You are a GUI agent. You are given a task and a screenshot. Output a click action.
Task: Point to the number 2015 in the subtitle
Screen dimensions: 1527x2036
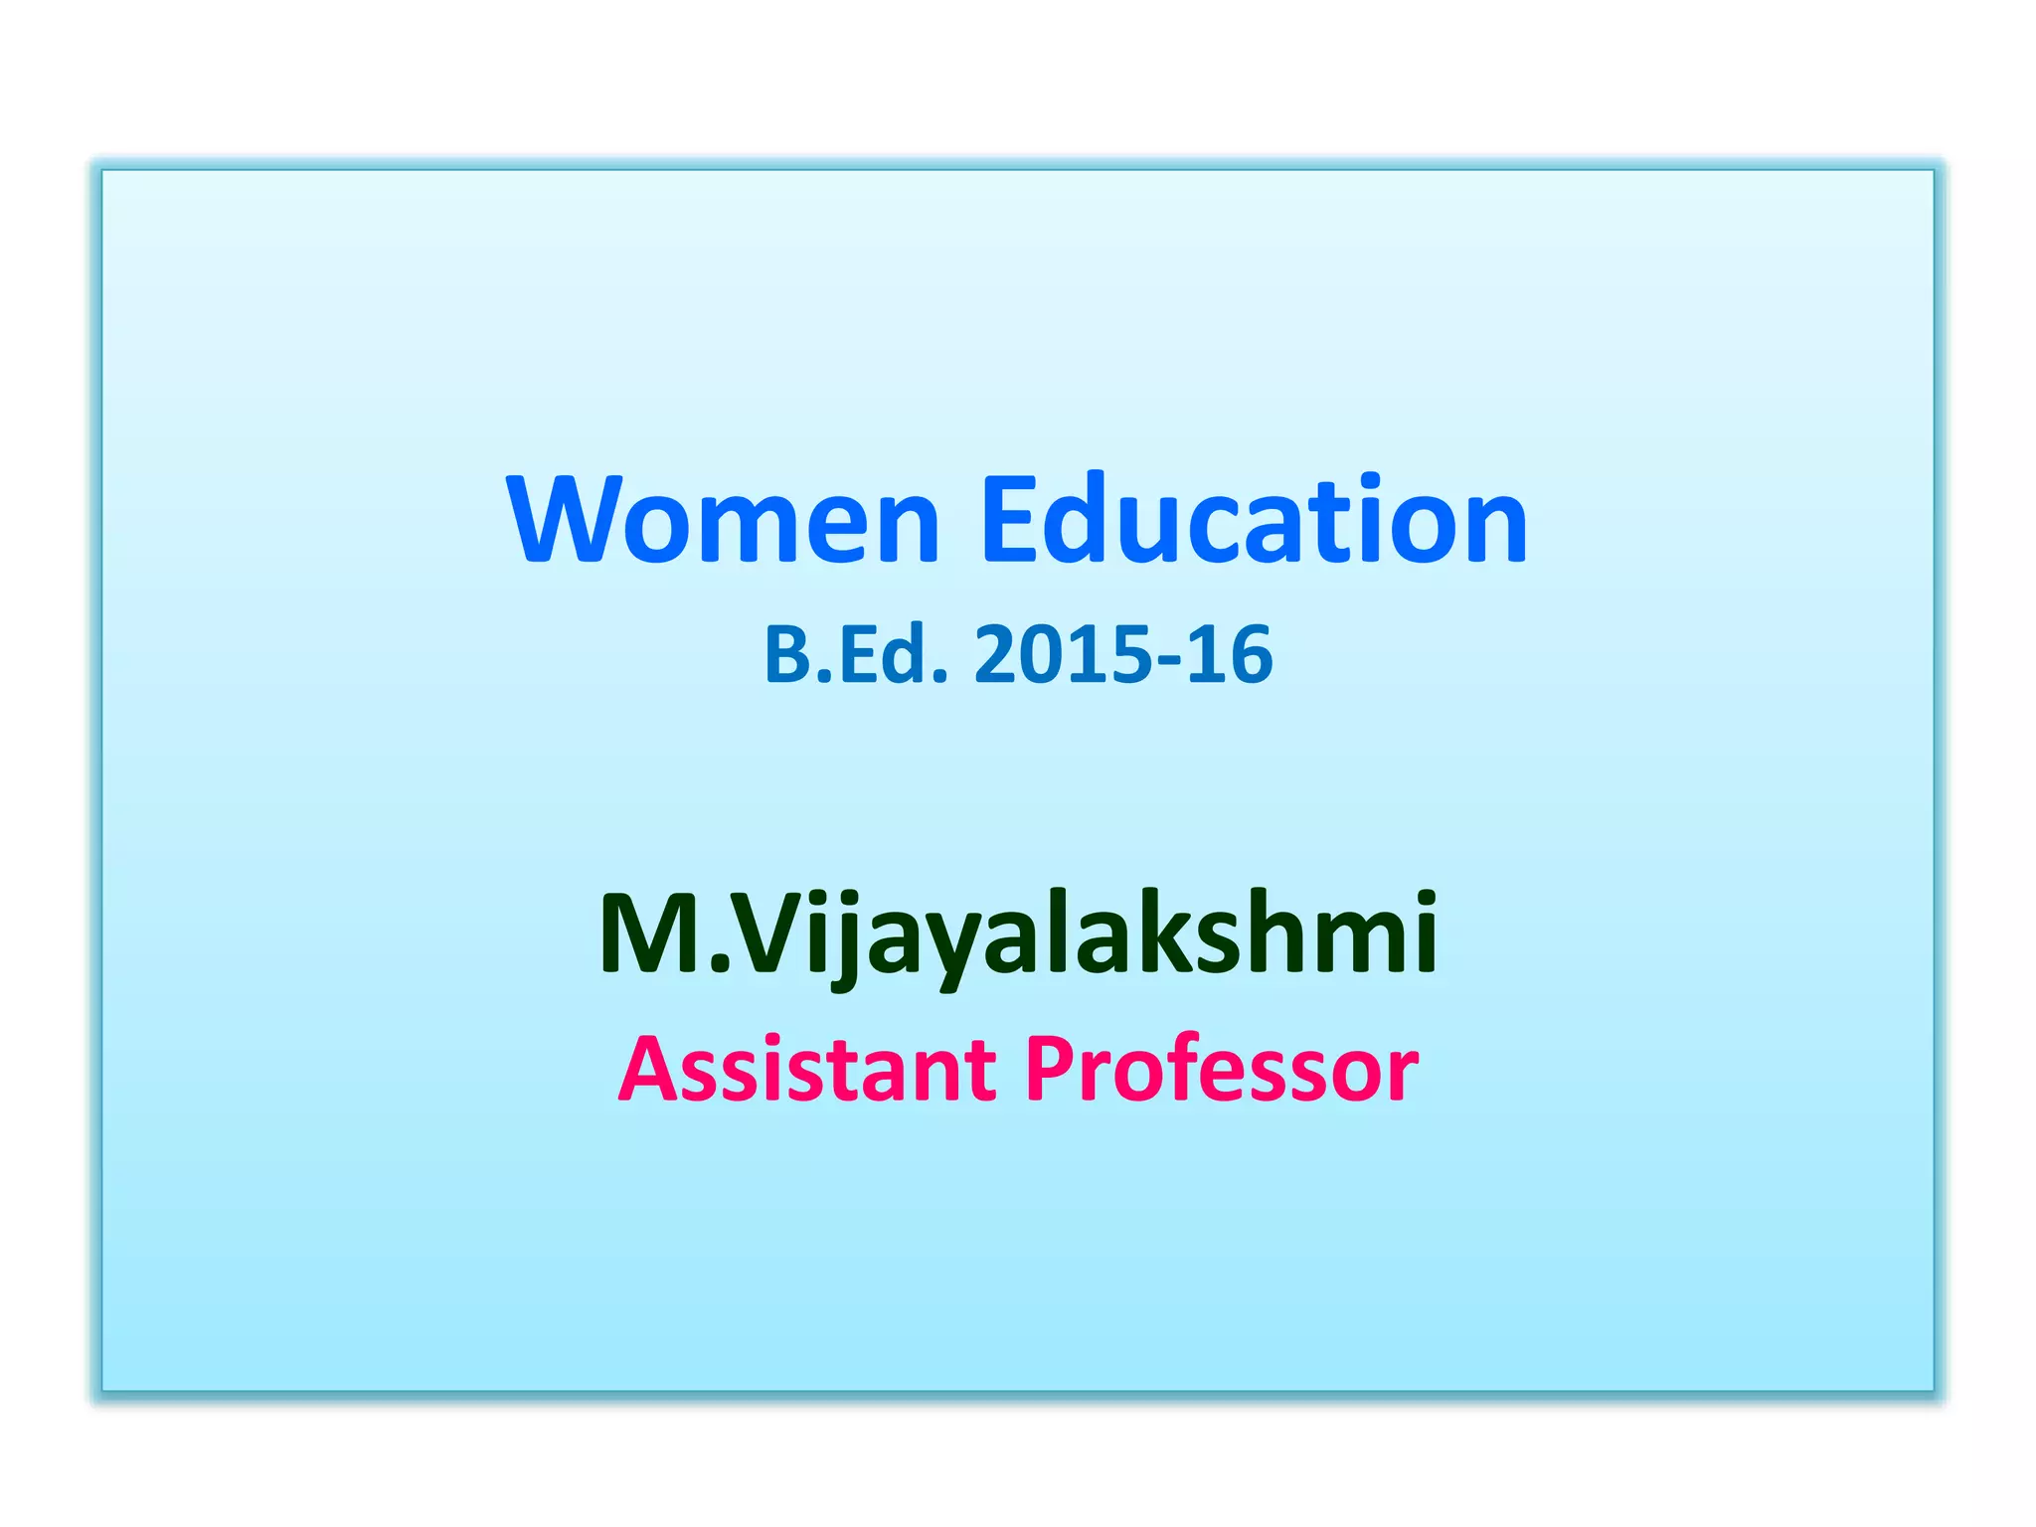coord(1058,655)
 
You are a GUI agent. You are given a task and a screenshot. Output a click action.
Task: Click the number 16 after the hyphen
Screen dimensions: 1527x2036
coord(1233,655)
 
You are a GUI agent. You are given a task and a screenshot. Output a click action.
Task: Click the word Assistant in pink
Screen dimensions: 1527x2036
coord(807,1070)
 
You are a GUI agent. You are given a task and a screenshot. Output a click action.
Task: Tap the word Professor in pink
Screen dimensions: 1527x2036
coord(1221,1070)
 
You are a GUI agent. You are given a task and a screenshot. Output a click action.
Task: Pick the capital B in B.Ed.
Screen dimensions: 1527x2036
coord(786,655)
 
